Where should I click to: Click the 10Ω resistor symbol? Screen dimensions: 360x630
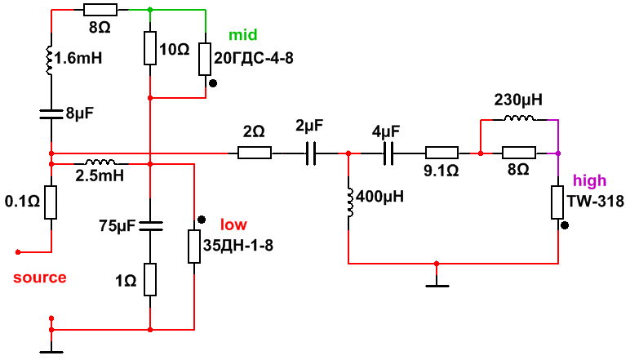150,48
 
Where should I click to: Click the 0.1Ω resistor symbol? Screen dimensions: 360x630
51,202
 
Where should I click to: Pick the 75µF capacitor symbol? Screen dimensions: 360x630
150,224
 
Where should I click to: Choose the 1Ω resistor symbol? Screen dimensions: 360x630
150,279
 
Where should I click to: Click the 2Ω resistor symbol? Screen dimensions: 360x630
255,153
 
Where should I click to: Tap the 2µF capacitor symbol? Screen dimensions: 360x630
310,153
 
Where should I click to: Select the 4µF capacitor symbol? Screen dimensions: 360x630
387,153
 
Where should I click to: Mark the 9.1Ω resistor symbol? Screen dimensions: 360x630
441,153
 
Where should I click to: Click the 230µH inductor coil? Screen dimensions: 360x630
518,120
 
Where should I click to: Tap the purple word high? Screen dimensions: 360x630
590,180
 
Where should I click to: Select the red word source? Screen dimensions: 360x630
40,278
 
